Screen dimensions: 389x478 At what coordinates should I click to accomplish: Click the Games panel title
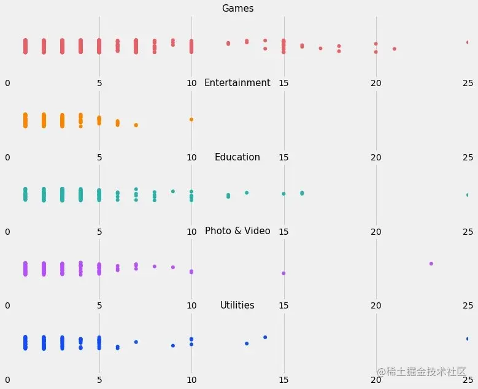coord(237,9)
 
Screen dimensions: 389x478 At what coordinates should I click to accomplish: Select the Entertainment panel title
coord(237,83)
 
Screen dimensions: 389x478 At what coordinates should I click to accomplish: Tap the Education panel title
coord(237,157)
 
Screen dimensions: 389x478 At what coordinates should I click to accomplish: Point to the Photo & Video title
coord(237,231)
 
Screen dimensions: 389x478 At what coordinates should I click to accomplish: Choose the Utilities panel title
coord(237,305)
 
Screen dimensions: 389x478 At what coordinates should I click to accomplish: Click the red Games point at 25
coord(468,42)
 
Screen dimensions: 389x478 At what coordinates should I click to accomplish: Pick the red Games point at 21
coord(394,49)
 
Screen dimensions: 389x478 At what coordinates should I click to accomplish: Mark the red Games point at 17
coord(320,48)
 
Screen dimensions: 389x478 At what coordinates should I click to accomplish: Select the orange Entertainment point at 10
coord(191,119)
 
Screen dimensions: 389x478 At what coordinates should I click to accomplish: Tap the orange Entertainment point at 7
coord(136,125)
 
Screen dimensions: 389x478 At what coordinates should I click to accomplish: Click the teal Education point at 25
coord(468,195)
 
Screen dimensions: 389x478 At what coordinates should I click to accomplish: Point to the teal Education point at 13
coord(247,193)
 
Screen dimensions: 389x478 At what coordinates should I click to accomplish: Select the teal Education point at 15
coord(283,194)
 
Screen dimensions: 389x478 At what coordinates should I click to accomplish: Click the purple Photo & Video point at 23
coord(431,264)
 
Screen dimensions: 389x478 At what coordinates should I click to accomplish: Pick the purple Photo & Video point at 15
coord(283,273)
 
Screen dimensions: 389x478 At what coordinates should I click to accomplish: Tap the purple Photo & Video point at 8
coord(155,266)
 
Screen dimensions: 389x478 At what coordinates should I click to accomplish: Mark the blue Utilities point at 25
coord(468,339)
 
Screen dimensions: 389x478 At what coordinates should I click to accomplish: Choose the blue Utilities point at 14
coord(265,337)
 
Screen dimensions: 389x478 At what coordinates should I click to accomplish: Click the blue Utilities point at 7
coord(136,342)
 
